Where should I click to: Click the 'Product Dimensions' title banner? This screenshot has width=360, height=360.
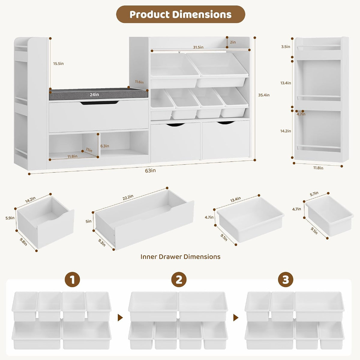tap(181, 14)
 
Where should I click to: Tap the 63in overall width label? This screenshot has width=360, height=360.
tap(150, 171)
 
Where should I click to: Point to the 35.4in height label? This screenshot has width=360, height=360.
tap(264, 95)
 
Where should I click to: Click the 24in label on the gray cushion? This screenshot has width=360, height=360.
tap(94, 95)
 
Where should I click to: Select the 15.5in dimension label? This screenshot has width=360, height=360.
tap(58, 64)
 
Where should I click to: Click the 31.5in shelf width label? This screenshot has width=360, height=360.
tap(198, 47)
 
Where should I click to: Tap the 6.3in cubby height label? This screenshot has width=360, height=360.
tap(105, 146)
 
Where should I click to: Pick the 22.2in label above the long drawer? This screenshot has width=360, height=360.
tap(128, 197)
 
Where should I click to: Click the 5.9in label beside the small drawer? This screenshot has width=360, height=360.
tap(10, 218)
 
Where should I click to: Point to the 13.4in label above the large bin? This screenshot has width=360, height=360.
tap(235, 199)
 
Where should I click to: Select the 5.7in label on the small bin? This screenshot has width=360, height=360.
tap(314, 194)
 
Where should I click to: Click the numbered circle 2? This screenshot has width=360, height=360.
tap(179, 280)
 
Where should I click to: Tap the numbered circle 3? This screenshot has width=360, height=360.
tap(286, 280)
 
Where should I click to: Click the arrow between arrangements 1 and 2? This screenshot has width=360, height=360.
tap(120, 317)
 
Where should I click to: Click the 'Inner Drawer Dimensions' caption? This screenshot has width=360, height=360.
tap(181, 256)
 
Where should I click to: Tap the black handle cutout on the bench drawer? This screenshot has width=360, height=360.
tap(100, 103)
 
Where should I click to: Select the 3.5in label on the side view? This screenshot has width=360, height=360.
tap(286, 47)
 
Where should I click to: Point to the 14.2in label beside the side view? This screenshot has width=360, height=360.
tap(286, 131)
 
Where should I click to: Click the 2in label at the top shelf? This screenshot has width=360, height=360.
tap(233, 42)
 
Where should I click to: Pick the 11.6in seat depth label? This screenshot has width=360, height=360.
tap(139, 82)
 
